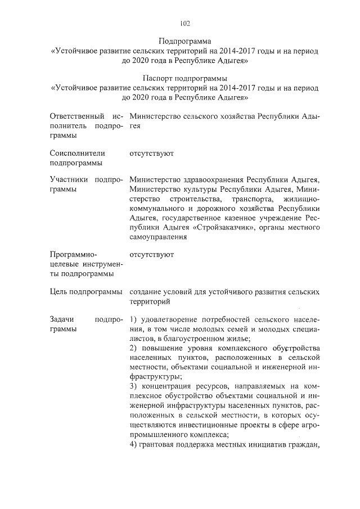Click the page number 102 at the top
pyautogui.click(x=185, y=24)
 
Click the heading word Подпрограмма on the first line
pyautogui.click(x=185, y=41)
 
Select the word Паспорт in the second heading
pyautogui.click(x=160, y=78)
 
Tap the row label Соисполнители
pyautogui.click(x=76, y=153)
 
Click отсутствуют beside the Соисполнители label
pyautogui.click(x=151, y=153)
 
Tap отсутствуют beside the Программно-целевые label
pyautogui.click(x=151, y=254)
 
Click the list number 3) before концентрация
pyautogui.click(x=133, y=387)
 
